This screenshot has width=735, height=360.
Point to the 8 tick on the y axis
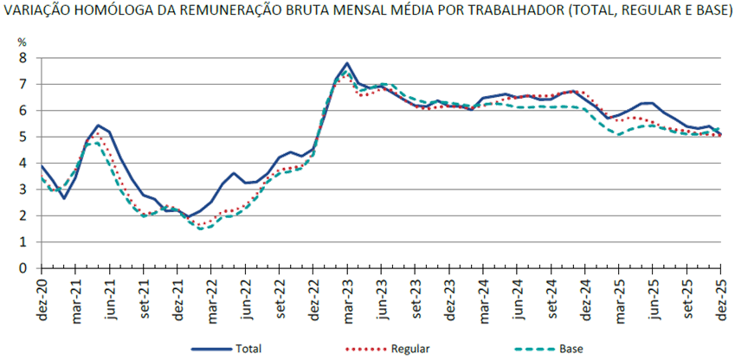click(23, 57)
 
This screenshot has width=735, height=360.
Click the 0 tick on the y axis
click(23, 268)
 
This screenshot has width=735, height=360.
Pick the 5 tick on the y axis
click(23, 137)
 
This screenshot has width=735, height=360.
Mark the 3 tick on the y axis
click(23, 190)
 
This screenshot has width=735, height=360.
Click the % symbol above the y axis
click(23, 42)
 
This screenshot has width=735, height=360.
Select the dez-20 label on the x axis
click(42, 299)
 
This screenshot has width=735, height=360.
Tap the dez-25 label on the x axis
click(719, 299)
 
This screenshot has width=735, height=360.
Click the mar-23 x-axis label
click(347, 299)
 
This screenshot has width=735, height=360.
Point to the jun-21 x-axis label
click(110, 299)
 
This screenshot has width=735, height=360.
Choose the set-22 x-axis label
click(280, 299)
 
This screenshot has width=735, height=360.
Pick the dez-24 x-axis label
click(584, 299)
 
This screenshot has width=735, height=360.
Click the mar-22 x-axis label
click(211, 299)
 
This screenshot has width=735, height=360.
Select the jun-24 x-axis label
click(517, 299)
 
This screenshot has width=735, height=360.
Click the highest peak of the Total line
click(346, 63)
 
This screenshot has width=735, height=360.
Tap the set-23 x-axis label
click(416, 299)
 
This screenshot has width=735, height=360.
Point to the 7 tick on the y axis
click(23, 84)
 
